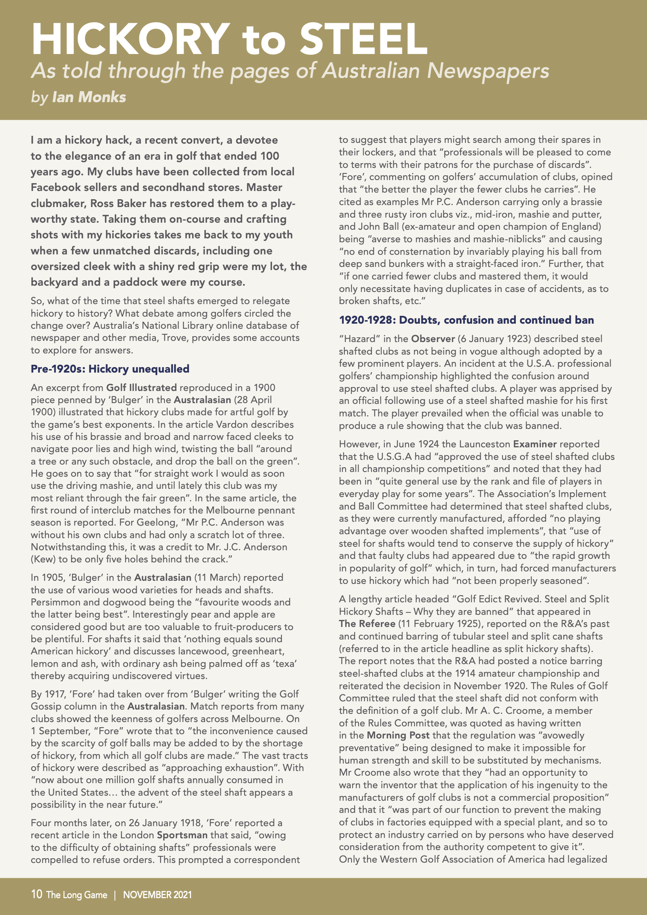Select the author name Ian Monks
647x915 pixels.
tap(89, 97)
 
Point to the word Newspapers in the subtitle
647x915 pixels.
tap(488, 71)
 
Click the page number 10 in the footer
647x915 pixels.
tap(36, 894)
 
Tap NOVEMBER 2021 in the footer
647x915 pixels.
tap(157, 895)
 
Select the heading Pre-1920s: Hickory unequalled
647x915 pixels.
tap(110, 369)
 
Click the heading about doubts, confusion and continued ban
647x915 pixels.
tap(466, 320)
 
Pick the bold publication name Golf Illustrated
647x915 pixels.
tap(141, 387)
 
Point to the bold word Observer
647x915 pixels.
tap(433, 339)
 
